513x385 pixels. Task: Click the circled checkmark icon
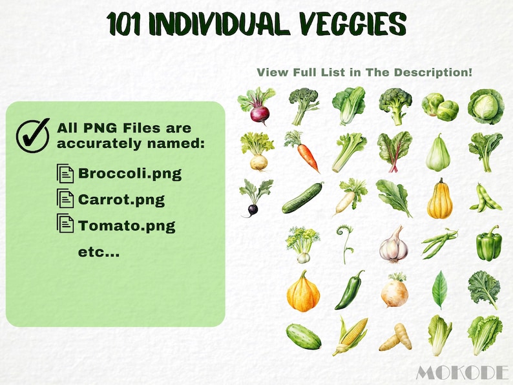[32, 135]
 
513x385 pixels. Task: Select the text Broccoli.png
[129, 174]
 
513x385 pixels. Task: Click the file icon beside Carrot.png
[65, 199]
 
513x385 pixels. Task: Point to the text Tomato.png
[127, 225]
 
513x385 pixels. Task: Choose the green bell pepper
[488, 244]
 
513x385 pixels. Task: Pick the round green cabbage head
[486, 105]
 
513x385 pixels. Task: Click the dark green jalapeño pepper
[350, 290]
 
